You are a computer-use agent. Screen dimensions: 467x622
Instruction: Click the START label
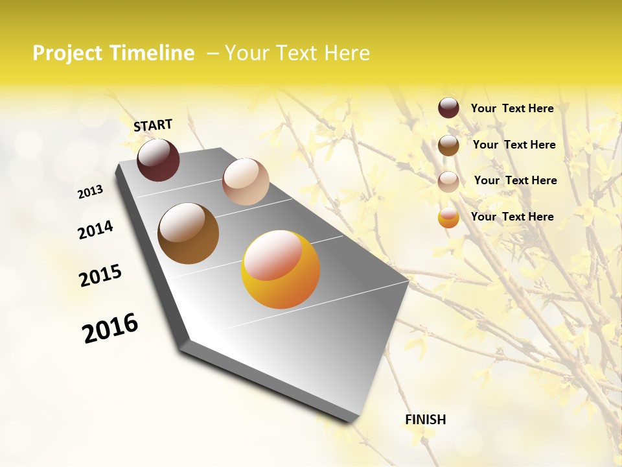(153, 125)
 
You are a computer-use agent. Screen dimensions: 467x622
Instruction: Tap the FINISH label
(425, 420)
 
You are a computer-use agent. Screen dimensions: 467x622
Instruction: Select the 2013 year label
(90, 192)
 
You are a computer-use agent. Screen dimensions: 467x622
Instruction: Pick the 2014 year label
(95, 230)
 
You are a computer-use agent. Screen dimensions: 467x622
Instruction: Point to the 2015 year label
(100, 276)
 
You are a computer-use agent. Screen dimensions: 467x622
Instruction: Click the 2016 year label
(110, 328)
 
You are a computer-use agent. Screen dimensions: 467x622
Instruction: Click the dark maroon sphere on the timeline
(158, 160)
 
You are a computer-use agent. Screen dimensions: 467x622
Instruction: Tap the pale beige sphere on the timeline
(246, 182)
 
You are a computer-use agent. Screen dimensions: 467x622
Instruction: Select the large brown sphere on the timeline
(188, 233)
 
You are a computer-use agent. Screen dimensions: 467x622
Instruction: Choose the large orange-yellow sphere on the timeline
(281, 269)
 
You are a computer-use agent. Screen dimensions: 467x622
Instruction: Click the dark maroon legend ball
(448, 108)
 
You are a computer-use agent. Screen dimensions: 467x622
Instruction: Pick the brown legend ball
(448, 145)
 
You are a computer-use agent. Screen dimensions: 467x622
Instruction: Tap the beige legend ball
(448, 181)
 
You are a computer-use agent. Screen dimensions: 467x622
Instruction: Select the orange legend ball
(448, 217)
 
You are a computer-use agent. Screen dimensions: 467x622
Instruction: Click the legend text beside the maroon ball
(512, 108)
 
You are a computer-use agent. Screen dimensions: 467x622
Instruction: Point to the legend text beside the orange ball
(512, 217)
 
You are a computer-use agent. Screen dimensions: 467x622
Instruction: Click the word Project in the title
(68, 53)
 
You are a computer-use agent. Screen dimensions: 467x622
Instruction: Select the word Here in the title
(345, 53)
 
